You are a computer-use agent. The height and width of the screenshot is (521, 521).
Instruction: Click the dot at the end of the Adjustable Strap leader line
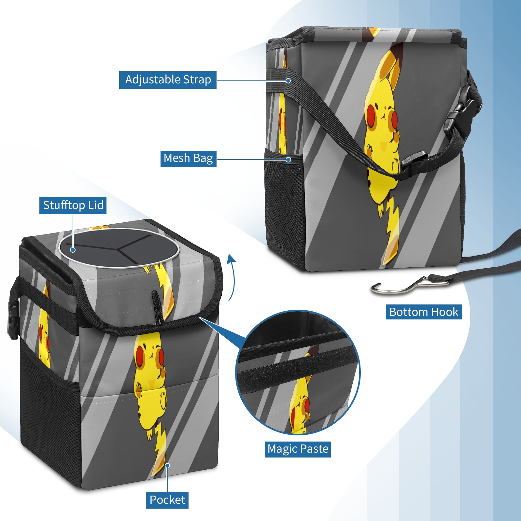(288, 80)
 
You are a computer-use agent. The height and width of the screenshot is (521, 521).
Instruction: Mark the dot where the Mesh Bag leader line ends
(288, 160)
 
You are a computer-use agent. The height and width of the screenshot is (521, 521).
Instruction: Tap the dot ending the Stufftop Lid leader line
(73, 250)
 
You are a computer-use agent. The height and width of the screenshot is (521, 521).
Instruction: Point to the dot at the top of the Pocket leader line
(167, 466)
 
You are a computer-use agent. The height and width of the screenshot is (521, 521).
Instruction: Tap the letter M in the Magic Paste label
(272, 449)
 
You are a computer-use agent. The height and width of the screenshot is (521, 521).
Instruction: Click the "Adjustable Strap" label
(168, 80)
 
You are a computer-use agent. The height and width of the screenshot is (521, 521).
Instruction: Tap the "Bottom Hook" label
(424, 312)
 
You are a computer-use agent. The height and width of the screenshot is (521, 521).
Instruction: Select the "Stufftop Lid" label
(73, 205)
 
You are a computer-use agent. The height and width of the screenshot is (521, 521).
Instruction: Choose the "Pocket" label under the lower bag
(167, 500)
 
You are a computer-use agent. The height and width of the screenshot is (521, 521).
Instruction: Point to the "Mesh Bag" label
(188, 159)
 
